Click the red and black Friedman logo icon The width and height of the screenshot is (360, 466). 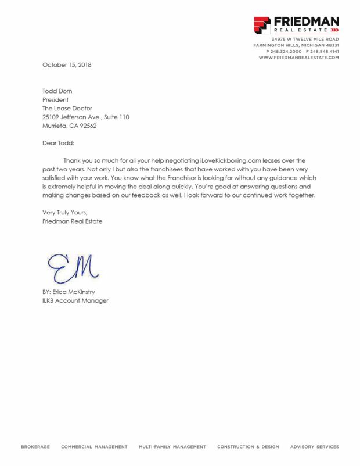(x=262, y=25)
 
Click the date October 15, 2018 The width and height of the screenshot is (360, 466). (x=67, y=64)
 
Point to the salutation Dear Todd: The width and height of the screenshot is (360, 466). (x=59, y=143)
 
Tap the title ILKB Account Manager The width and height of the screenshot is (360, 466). (x=75, y=300)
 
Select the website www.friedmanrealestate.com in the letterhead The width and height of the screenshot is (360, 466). (x=298, y=58)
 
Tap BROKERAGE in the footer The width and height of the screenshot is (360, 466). (x=35, y=447)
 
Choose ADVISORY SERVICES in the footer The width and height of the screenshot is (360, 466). (x=314, y=447)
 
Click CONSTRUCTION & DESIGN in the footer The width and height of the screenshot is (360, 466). (x=248, y=447)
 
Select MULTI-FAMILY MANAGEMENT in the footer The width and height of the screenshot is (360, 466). (x=172, y=447)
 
